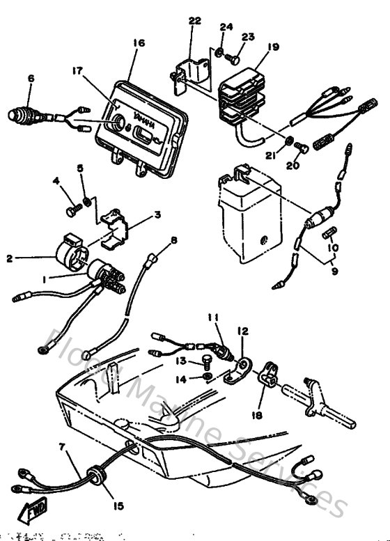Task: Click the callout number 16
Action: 138,42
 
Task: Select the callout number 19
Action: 272,47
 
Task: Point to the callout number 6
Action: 30,79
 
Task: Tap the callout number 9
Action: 334,271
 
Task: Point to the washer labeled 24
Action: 219,52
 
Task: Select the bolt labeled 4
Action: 71,208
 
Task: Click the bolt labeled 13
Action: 205,361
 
